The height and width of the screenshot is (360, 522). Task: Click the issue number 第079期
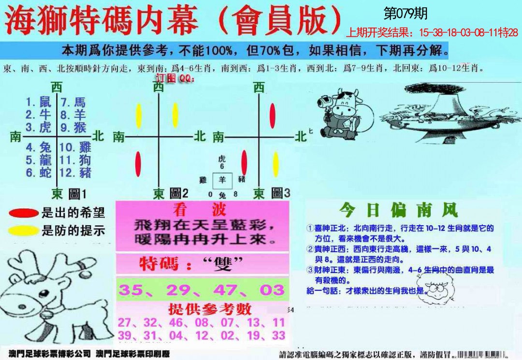pos(405,14)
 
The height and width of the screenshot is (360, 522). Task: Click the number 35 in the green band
pos(131,290)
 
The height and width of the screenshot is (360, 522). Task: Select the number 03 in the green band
pos(272,290)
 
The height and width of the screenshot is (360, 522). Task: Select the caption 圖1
pos(77,194)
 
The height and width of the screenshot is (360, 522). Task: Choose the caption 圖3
pos(281,194)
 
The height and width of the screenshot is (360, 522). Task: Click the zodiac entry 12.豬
pos(75,173)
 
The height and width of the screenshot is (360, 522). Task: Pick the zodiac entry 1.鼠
pos(38,102)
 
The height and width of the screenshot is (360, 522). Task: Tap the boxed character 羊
pos(222,179)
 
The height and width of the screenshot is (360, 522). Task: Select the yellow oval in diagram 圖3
pos(275,164)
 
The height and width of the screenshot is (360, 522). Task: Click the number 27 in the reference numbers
pos(124,322)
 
